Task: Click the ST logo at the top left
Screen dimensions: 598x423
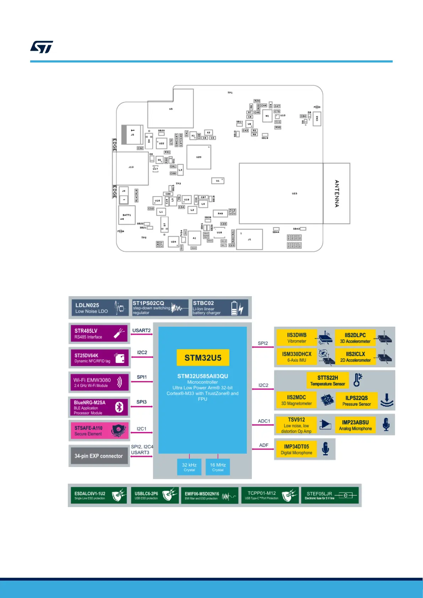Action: [x=42, y=47]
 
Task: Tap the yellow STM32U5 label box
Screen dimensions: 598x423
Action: [x=203, y=358]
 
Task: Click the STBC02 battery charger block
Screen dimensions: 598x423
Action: [x=220, y=308]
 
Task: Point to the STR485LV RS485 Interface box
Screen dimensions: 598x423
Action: [x=99, y=333]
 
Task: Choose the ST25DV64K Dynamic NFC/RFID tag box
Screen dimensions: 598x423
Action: [x=99, y=358]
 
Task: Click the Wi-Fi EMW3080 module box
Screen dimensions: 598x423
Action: [x=99, y=382]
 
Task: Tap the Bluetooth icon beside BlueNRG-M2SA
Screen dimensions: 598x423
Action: [x=119, y=407]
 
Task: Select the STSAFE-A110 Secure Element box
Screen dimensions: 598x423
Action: [x=99, y=431]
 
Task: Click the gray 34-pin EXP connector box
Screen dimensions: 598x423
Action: [x=99, y=456]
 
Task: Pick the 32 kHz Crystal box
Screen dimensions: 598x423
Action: [x=189, y=467]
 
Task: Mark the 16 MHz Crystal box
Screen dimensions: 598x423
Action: [x=218, y=467]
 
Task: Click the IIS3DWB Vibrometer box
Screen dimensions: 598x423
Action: [x=297, y=338]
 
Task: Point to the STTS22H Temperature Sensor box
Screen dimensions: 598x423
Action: [x=327, y=380]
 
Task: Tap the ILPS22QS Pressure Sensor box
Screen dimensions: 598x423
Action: [x=357, y=401]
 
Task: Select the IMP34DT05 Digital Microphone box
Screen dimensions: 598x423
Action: [x=297, y=449]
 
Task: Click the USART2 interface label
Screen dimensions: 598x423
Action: [x=141, y=330]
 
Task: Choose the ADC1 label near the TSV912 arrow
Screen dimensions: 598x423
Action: [x=264, y=421]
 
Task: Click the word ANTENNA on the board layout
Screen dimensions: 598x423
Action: [x=337, y=194]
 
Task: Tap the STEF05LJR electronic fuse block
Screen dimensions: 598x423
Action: [x=330, y=495]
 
